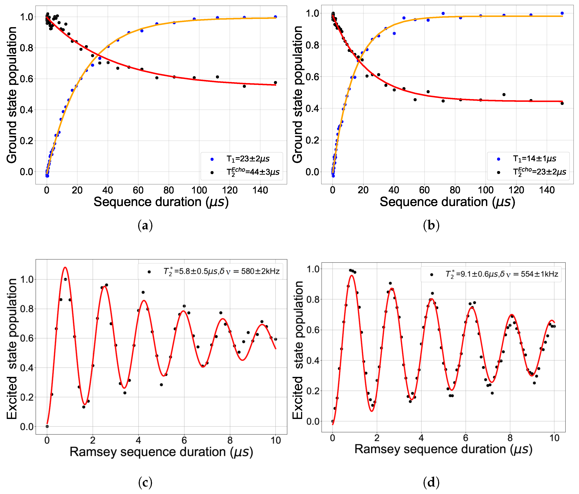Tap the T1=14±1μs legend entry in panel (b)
[534, 158]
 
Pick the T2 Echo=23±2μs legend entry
[539, 171]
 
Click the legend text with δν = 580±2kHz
[221, 271]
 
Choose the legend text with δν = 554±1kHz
[502, 274]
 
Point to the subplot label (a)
[145, 225]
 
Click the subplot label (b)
[431, 225]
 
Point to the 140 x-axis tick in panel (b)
[547, 190]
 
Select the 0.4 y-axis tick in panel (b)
[312, 109]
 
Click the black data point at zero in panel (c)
[47, 426]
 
